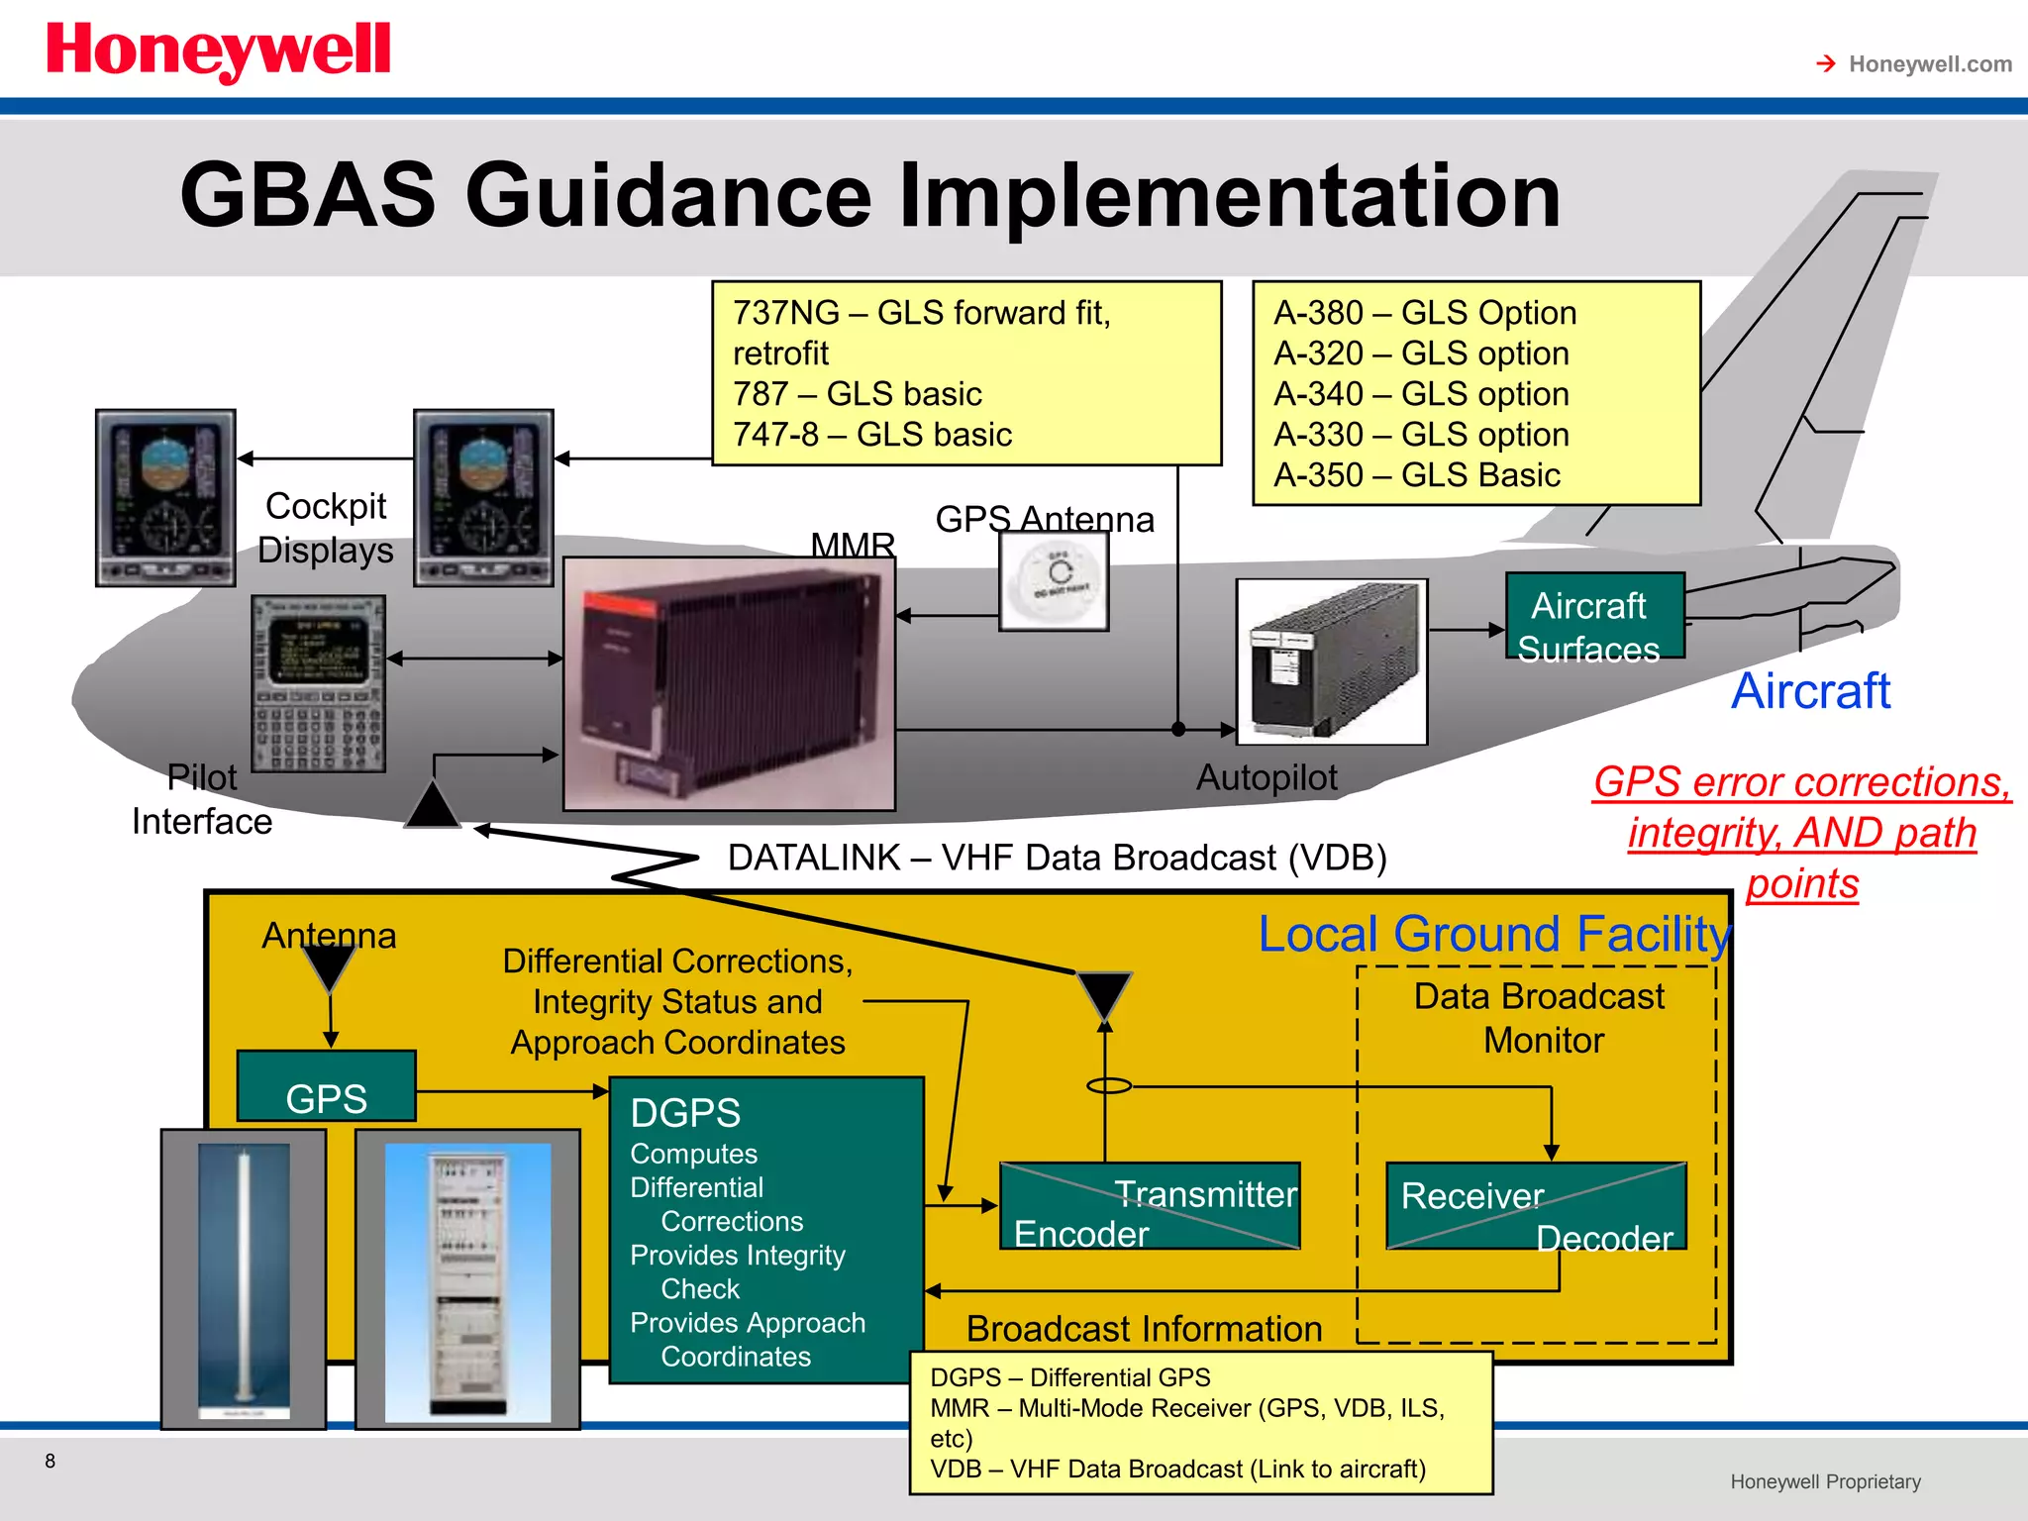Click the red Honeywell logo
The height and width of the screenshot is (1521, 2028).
coord(218,51)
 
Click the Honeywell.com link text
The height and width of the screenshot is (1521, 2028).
coord(1929,64)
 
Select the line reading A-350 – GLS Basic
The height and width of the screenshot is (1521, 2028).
coord(1416,475)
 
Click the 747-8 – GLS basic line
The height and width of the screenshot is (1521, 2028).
coord(871,435)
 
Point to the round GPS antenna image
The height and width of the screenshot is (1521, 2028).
coord(1054,581)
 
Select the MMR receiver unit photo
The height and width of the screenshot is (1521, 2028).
coord(729,683)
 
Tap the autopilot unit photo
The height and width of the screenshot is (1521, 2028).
coord(1332,661)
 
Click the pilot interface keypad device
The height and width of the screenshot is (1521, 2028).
coord(318,683)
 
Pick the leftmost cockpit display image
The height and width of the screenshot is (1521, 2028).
coord(165,498)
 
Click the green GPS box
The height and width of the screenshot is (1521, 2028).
coord(326,1087)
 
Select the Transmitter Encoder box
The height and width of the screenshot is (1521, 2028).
coord(1150,1206)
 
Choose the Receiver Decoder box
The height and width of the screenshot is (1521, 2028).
coord(1536,1206)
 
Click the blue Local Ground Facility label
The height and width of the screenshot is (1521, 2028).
coord(1493,934)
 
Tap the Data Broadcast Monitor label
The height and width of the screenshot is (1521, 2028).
coord(1540,1018)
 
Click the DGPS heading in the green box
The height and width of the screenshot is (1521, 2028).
coord(685,1113)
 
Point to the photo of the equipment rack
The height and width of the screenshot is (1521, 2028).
coord(467,1279)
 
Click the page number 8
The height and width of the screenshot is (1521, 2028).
coord(51,1461)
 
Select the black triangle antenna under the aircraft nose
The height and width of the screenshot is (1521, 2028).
coord(433,805)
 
